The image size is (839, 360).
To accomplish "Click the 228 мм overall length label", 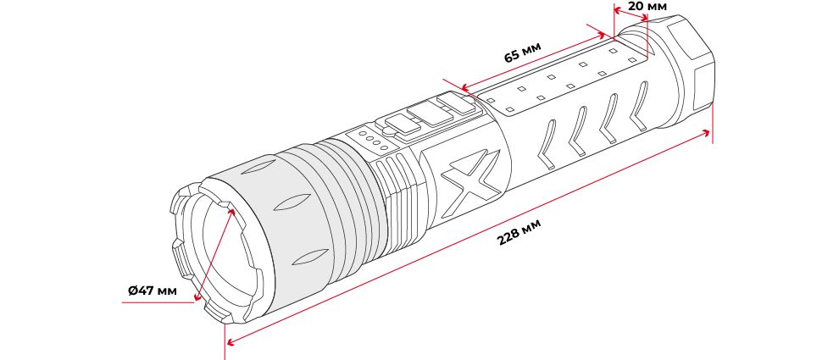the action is (519, 231).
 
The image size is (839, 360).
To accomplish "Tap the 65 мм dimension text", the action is (523, 52).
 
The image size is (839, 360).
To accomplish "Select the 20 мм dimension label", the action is (647, 7).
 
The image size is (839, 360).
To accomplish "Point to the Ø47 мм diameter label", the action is (152, 291).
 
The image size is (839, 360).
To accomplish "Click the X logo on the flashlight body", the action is (471, 177).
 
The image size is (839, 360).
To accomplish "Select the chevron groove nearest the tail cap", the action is (639, 106).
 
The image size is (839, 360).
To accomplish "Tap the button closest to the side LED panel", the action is (456, 102).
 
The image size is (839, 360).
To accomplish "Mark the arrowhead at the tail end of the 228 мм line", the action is (705, 133).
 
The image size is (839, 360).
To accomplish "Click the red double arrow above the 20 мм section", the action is (631, 14).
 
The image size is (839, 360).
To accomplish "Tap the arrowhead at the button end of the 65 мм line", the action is (467, 86).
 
